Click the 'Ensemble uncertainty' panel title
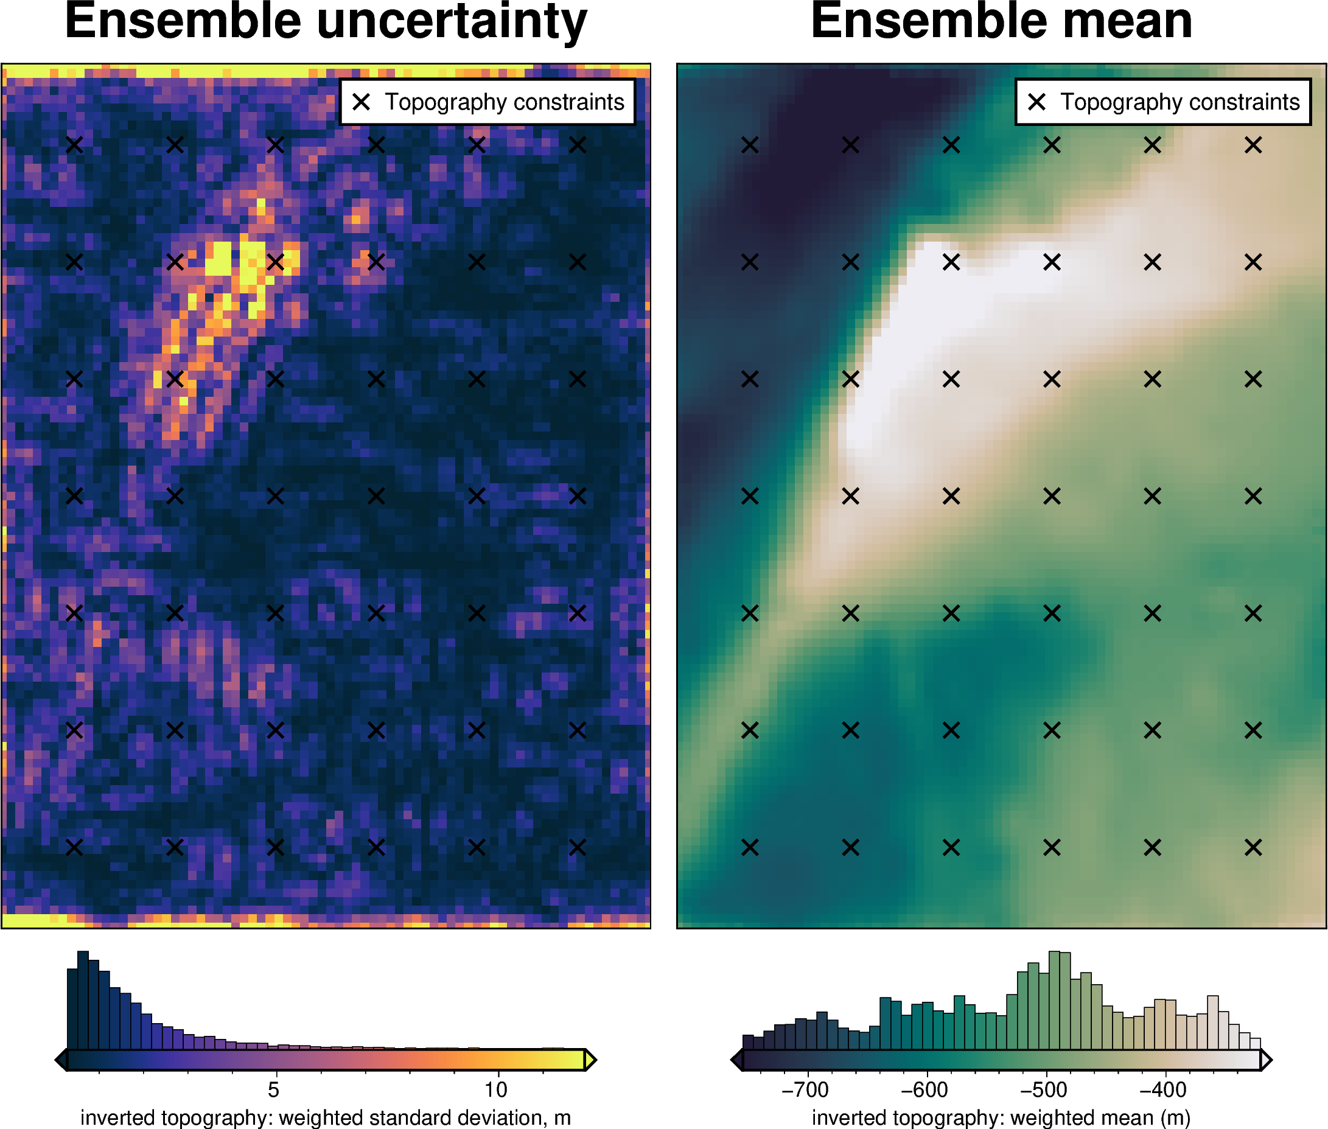tap(326, 22)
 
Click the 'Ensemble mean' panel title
tap(1001, 22)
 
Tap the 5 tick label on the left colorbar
tap(273, 1089)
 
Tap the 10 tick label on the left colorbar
tap(496, 1089)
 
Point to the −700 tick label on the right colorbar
tap(805, 1089)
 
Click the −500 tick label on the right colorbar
tap(1043, 1089)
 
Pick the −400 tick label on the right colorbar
tap(1163, 1089)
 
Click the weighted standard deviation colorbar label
tap(325, 1117)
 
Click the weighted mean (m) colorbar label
tap(1001, 1117)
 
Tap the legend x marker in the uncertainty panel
tap(362, 102)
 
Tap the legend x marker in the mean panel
tap(1037, 102)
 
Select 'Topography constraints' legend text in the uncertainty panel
tap(505, 102)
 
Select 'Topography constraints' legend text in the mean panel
tap(1180, 102)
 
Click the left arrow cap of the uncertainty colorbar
tap(61, 1060)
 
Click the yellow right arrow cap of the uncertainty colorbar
tap(590, 1060)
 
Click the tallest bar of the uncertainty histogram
tap(83, 1000)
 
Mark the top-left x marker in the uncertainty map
tap(74, 145)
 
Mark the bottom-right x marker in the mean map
tap(1253, 847)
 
